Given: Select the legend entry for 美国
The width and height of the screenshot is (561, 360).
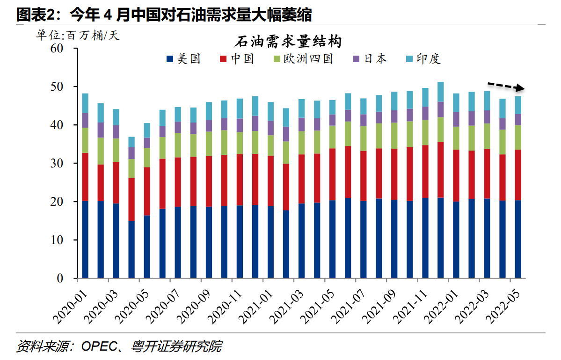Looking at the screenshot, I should click(183, 59).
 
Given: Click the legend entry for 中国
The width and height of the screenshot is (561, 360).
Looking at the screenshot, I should click(236, 59).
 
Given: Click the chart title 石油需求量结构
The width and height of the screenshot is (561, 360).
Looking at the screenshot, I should click(287, 43).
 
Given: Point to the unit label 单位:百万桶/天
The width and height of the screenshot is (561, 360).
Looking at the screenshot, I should click(78, 36).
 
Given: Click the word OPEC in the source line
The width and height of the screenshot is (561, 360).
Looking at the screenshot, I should click(97, 347).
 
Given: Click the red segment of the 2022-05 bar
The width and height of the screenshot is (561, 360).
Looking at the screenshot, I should click(518, 175).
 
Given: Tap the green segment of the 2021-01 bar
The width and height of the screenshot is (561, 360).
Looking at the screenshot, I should click(270, 145).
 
